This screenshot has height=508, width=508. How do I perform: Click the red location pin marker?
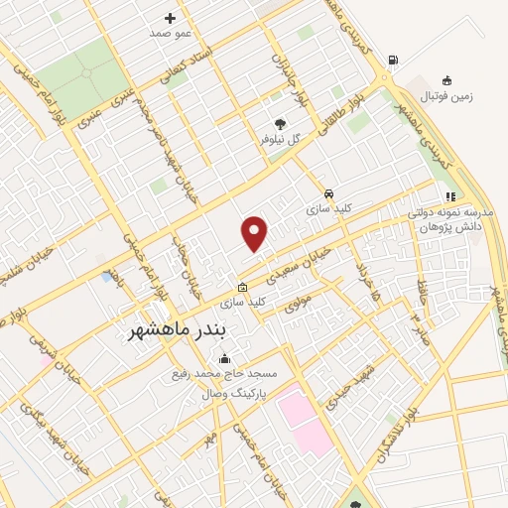coord(255,234)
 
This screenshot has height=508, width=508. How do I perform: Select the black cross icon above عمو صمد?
coord(170,18)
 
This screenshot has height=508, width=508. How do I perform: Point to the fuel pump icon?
coord(394,61)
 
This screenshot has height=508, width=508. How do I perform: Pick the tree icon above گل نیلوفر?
coord(282,124)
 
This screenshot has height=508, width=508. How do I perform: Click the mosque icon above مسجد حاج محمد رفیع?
coord(224,359)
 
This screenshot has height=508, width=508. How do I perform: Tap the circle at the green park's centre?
coord(83,73)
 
